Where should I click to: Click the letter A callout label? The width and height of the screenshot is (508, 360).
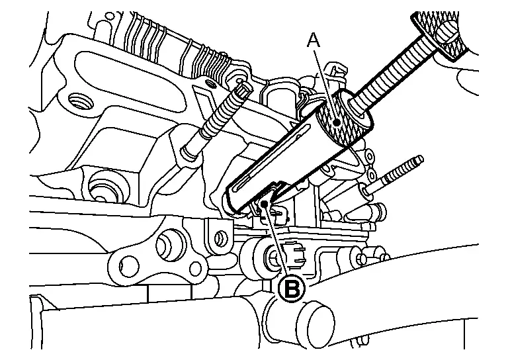click(314, 40)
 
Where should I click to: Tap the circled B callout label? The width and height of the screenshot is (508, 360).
click(292, 288)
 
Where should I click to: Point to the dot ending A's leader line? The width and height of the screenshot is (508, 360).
click(337, 123)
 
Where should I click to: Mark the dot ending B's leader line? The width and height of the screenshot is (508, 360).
click(265, 203)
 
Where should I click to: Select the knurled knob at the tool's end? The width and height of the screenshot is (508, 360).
click(440, 33)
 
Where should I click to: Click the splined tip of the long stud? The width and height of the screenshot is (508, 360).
click(243, 89)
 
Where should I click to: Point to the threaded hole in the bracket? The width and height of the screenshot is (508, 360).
click(79, 102)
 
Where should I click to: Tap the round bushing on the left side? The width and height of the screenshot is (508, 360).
click(104, 188)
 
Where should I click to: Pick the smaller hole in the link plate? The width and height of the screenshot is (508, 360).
click(195, 267)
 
